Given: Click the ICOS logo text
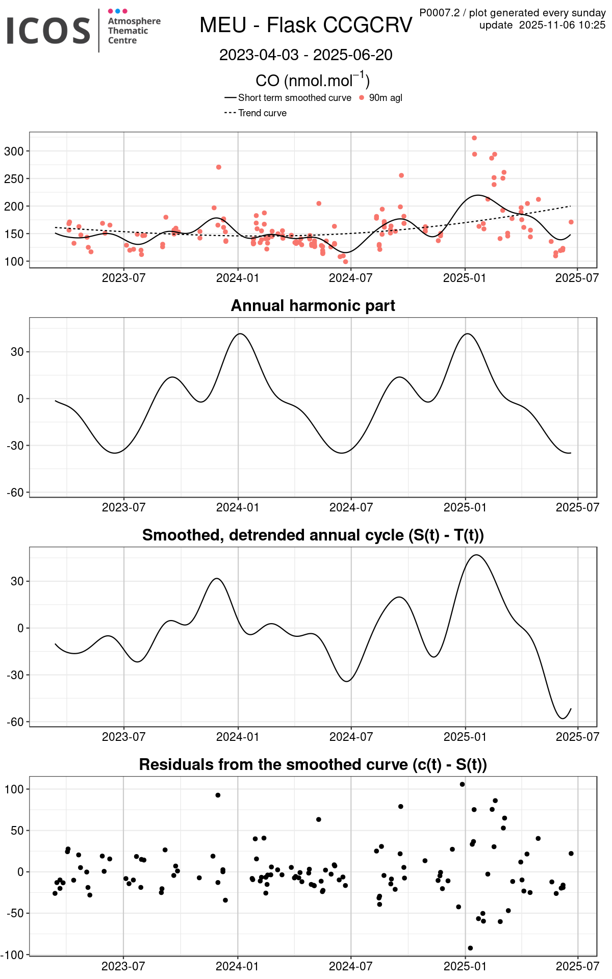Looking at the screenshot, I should pyautogui.click(x=48, y=31).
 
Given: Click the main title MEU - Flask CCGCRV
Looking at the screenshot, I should pyautogui.click(x=305, y=25).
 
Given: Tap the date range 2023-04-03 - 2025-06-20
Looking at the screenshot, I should pyautogui.click(x=305, y=55).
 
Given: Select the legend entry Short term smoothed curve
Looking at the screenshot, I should pyautogui.click(x=294, y=98).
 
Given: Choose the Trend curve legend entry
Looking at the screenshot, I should pyautogui.click(x=262, y=113).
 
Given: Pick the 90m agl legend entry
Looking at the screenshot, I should pyautogui.click(x=385, y=98).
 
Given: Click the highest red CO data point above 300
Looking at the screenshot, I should pyautogui.click(x=474, y=138).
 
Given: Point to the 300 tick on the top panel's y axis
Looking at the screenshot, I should pyautogui.click(x=14, y=151).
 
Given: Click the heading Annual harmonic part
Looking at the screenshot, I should pyautogui.click(x=313, y=305).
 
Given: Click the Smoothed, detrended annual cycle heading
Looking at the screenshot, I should pyautogui.click(x=313, y=535).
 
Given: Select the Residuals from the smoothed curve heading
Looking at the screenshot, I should pyautogui.click(x=313, y=765).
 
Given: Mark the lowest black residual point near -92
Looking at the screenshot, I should pyautogui.click(x=470, y=948).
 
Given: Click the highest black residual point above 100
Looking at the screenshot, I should pyautogui.click(x=462, y=784).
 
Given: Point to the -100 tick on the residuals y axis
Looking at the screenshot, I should pyautogui.click(x=13, y=955).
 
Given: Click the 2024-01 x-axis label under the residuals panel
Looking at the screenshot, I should pyautogui.click(x=237, y=966).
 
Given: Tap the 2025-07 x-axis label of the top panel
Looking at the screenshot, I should pyautogui.click(x=577, y=278).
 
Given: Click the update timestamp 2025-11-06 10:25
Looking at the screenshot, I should pyautogui.click(x=562, y=25).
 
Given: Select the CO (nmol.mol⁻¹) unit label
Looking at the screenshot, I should pyautogui.click(x=313, y=81).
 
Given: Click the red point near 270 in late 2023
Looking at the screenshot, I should pyautogui.click(x=219, y=167).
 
